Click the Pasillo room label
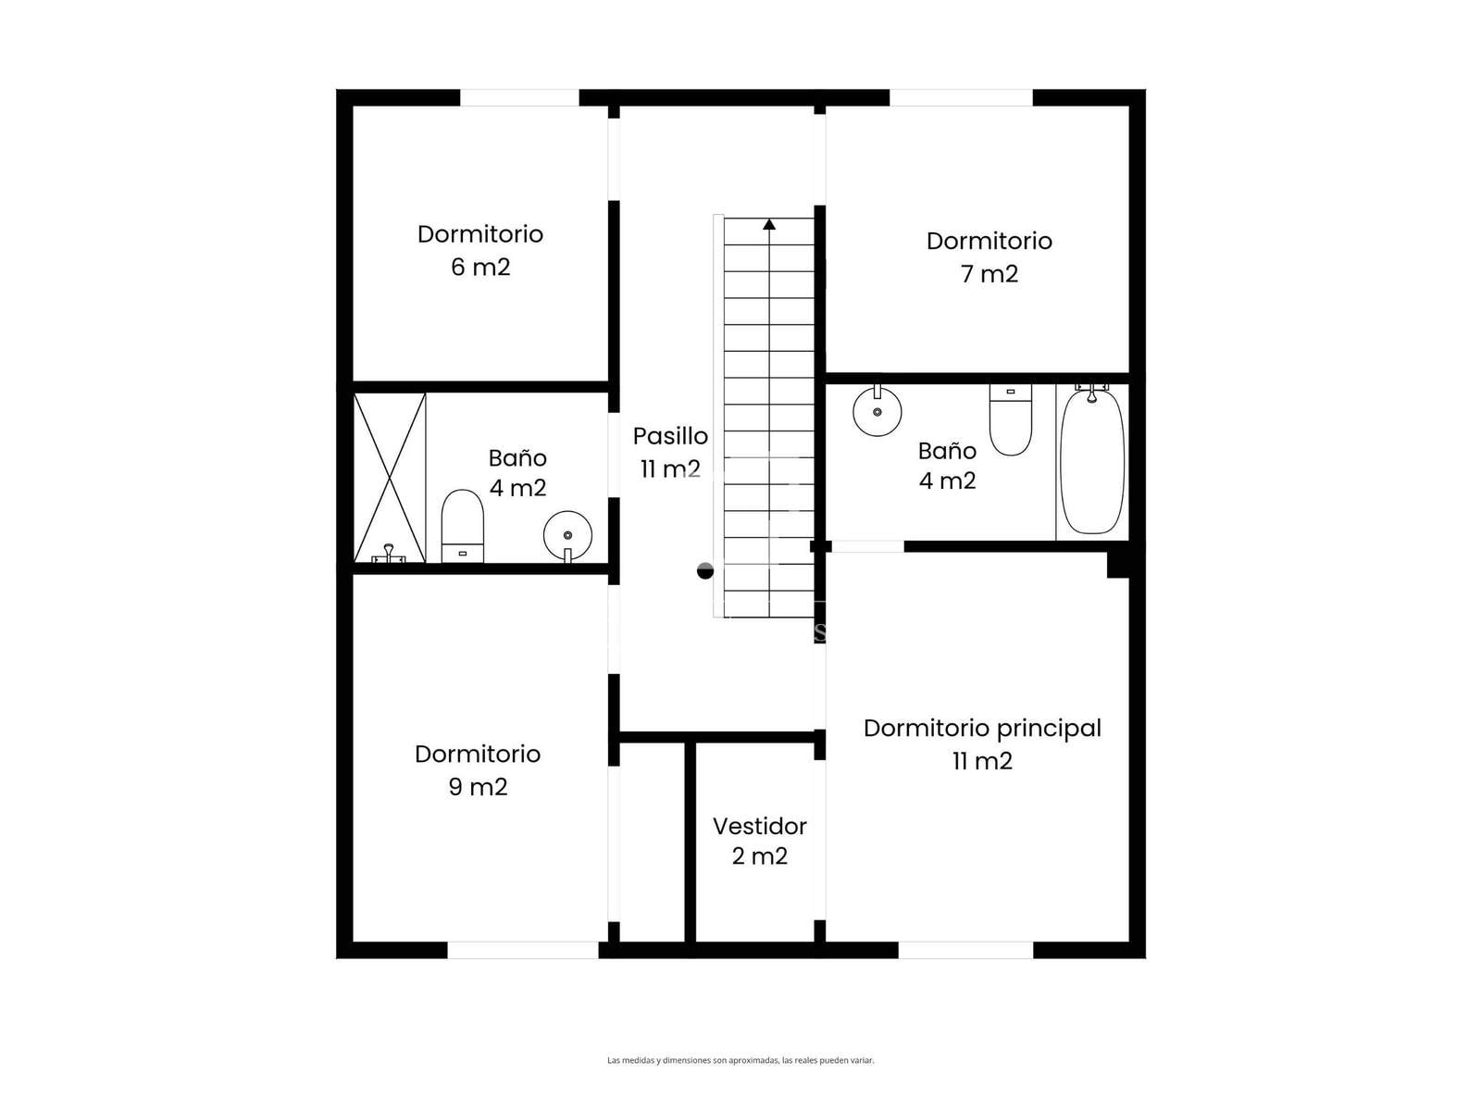coord(670,436)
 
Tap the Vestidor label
coord(759,826)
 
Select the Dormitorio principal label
coord(982,729)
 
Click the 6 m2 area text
coord(479,268)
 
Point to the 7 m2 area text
coord(989,274)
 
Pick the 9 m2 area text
coord(478,787)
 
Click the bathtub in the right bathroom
coord(1091,460)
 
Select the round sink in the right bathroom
coord(877,409)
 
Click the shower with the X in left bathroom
coord(390,478)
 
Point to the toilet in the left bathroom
coord(462,526)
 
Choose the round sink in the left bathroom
coord(567,536)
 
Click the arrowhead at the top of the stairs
coord(768,224)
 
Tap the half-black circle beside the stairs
coord(705,570)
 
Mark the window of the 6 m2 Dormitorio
coord(519,98)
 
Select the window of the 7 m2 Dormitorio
coord(961,98)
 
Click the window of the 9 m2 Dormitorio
coord(522,950)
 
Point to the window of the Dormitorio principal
coord(965,950)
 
